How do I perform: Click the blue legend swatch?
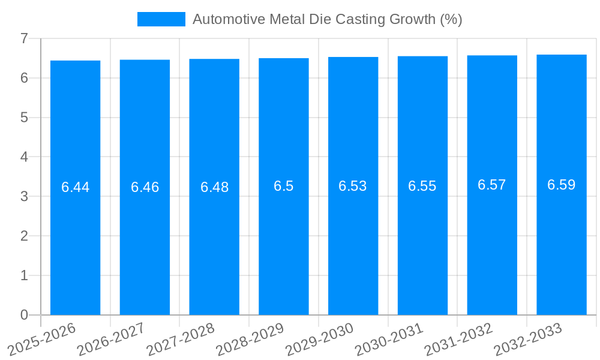click(161, 19)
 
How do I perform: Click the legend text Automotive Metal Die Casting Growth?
click(327, 19)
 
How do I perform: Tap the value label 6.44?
click(75, 187)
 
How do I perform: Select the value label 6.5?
click(283, 186)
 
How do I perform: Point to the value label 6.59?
click(561, 185)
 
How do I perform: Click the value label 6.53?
click(352, 186)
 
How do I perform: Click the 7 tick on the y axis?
click(24, 38)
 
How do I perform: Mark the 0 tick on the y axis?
click(24, 315)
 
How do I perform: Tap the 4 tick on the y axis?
click(24, 157)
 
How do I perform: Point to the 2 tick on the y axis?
click(24, 236)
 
